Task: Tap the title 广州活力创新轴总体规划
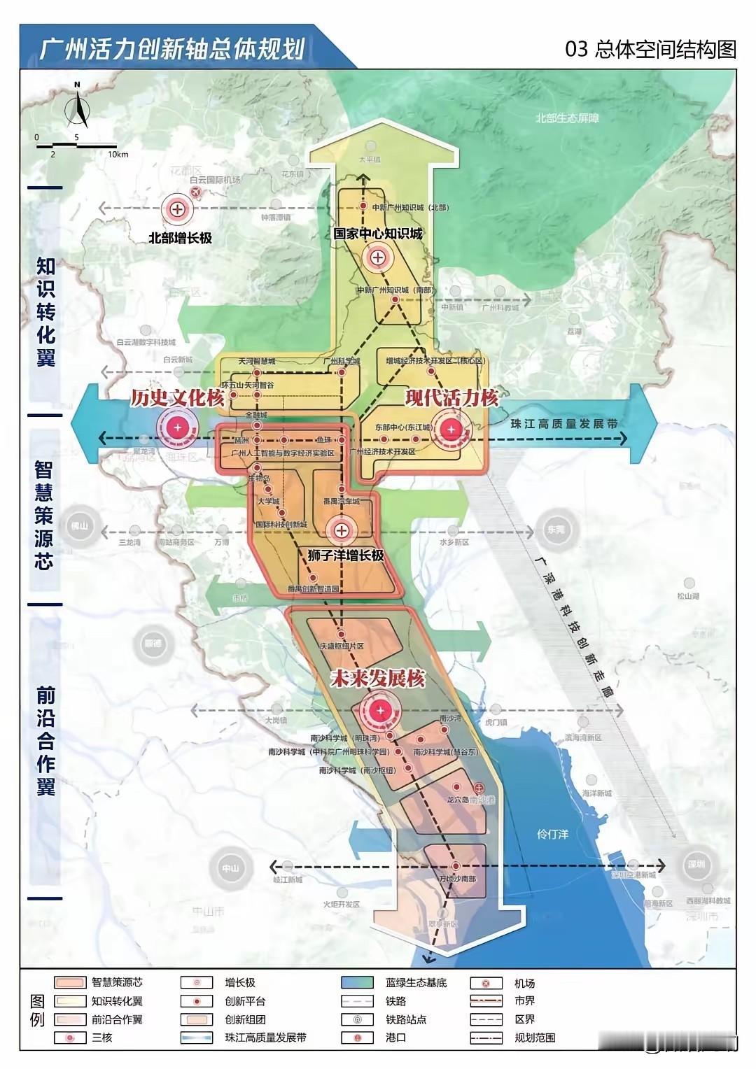pyautogui.click(x=171, y=50)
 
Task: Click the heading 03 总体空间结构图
pyautogui.click(x=650, y=50)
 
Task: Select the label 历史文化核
pyautogui.click(x=177, y=397)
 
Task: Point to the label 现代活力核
pyautogui.click(x=452, y=397)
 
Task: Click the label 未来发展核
pyautogui.click(x=378, y=679)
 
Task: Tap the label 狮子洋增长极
pyautogui.click(x=346, y=555)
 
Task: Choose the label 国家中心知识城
pyautogui.click(x=377, y=234)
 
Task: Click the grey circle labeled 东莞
pyautogui.click(x=554, y=530)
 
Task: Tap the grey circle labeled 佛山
pyautogui.click(x=82, y=525)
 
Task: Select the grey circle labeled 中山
pyautogui.click(x=230, y=868)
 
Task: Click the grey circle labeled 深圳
pyautogui.click(x=696, y=864)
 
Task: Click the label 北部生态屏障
pyautogui.click(x=567, y=118)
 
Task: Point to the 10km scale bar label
pyautogui.click(x=118, y=154)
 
